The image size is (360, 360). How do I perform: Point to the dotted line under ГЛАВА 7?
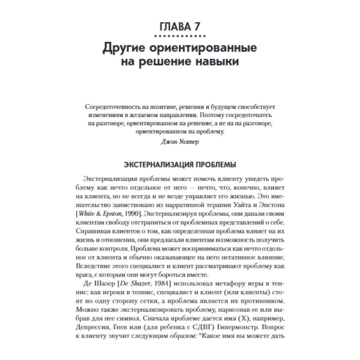point(180,36)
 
